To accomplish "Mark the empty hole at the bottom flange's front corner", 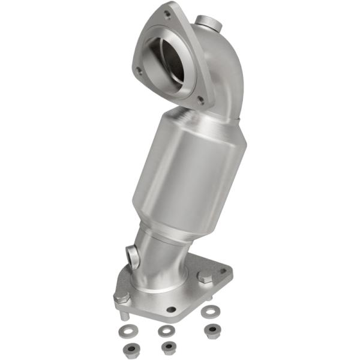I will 172,310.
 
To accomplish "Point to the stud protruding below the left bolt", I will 122,314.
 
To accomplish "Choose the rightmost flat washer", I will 209,311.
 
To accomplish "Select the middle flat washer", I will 166,330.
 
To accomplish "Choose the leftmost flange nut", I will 128,349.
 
